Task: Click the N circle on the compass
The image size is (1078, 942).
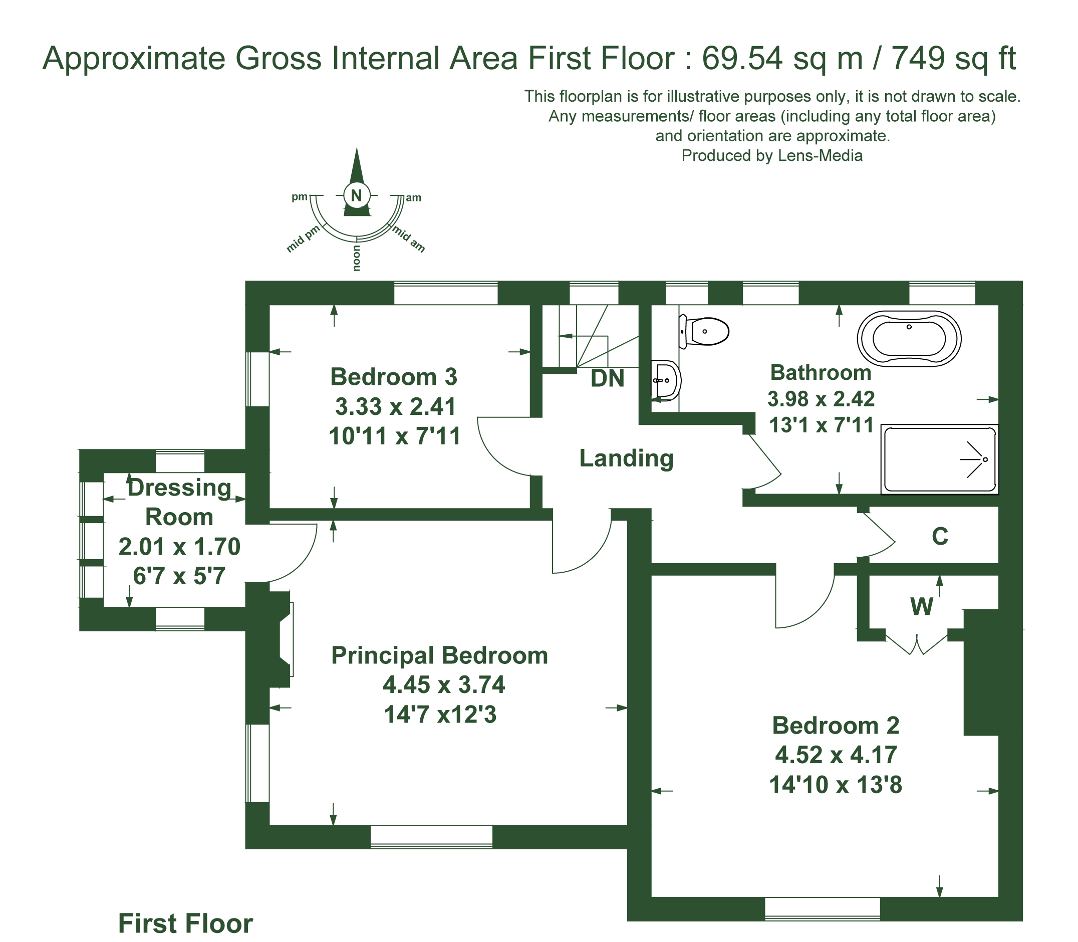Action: point(357,195)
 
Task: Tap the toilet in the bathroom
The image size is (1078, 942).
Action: point(704,331)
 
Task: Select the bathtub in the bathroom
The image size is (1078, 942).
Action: point(909,339)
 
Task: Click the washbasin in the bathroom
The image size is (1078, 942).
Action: point(666,380)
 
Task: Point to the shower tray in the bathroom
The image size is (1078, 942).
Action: point(940,459)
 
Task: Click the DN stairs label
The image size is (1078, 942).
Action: point(608,378)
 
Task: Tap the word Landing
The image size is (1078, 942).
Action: point(626,458)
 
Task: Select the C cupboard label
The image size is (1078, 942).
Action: point(940,537)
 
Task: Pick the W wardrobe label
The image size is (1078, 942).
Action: point(922,607)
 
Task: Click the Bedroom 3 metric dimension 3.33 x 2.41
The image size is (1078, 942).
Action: point(395,406)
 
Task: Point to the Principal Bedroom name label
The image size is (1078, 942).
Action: point(439,655)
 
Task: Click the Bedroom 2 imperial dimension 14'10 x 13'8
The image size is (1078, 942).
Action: point(835,785)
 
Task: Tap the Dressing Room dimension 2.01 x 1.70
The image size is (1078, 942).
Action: point(179,547)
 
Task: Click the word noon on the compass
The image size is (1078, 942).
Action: point(357,258)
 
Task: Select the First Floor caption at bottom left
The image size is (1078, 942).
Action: point(185,923)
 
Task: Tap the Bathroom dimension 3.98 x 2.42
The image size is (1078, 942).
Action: point(821,399)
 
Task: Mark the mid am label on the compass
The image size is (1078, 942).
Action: point(408,239)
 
